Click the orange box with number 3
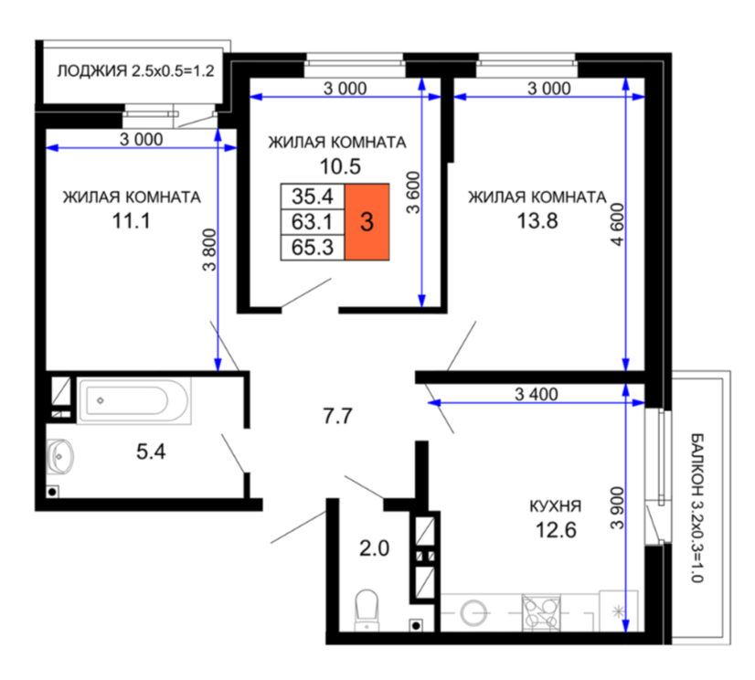click(x=367, y=222)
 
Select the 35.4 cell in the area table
click(x=313, y=196)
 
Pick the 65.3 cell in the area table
click(x=313, y=248)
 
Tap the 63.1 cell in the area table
click(x=313, y=222)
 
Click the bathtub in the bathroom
click(x=133, y=400)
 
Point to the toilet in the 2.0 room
click(x=367, y=611)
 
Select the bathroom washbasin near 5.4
click(x=60, y=455)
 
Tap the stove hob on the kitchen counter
click(x=541, y=613)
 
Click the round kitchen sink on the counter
click(x=473, y=613)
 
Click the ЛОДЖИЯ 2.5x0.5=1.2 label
click(x=135, y=71)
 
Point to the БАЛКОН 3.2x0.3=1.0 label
click(x=697, y=507)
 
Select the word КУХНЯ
click(x=555, y=506)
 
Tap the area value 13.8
click(x=537, y=221)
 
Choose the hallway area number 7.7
click(x=337, y=416)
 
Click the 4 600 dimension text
click(x=617, y=225)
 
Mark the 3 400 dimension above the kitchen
click(x=537, y=395)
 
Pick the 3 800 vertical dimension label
click(x=209, y=250)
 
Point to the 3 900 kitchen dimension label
click(x=617, y=507)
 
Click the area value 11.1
click(x=131, y=221)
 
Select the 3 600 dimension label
click(x=413, y=192)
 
